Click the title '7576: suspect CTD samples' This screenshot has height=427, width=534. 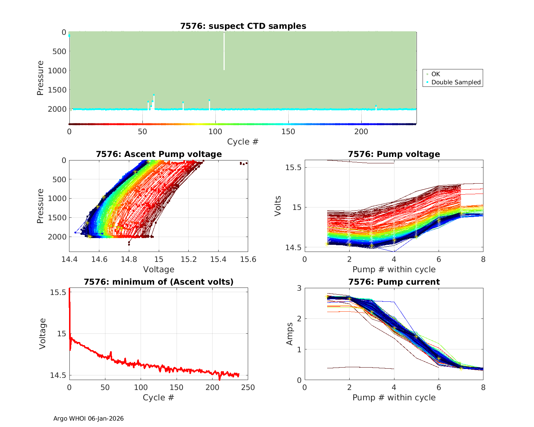pyautogui.click(x=243, y=26)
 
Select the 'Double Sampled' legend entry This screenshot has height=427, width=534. pyautogui.click(x=456, y=82)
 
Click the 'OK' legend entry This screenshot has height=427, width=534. pyautogui.click(x=435, y=74)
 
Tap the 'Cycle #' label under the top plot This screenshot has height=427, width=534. pyautogui.click(x=243, y=142)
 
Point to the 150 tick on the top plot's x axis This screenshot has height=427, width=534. pyautogui.click(x=288, y=132)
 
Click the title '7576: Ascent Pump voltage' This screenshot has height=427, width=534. pyautogui.click(x=158, y=154)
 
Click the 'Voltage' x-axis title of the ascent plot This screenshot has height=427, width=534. pyautogui.click(x=158, y=269)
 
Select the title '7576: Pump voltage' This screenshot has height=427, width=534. pyautogui.click(x=394, y=154)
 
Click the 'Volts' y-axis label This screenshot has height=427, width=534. pyautogui.click(x=278, y=206)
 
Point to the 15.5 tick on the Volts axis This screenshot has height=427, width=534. pyautogui.click(x=294, y=167)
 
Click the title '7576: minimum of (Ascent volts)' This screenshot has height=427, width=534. pyautogui.click(x=158, y=282)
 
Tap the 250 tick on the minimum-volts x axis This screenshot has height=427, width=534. pyautogui.click(x=248, y=387)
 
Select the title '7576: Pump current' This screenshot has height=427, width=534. pyautogui.click(x=394, y=282)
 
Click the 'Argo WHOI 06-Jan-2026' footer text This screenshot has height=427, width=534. pyautogui.click(x=88, y=418)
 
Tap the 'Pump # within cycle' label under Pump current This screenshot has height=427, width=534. pyautogui.click(x=394, y=397)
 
